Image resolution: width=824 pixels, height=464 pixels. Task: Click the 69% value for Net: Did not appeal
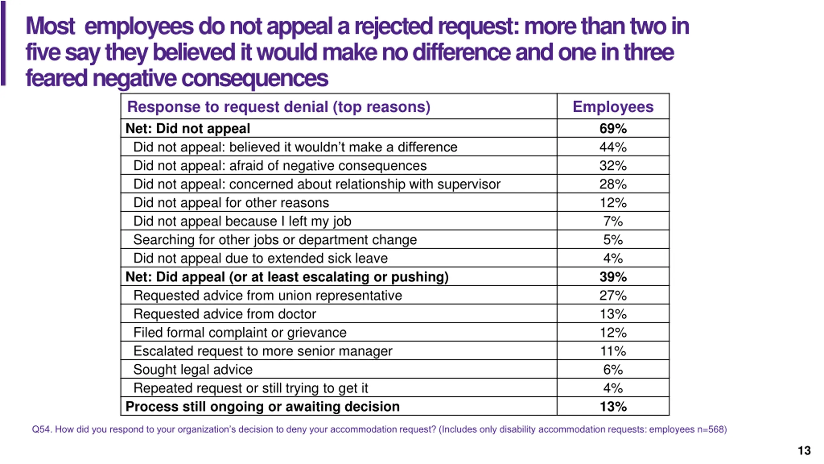point(613,129)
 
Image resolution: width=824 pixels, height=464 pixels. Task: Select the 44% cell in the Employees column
point(613,147)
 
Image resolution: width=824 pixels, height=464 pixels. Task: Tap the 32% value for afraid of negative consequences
point(613,166)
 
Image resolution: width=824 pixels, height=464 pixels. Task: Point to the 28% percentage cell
point(613,184)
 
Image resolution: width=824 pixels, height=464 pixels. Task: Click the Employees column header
point(613,107)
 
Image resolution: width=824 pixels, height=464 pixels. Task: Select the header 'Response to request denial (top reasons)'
point(279,107)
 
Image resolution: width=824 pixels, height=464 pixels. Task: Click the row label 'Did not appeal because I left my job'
point(242,221)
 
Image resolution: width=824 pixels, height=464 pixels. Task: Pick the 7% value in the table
point(613,221)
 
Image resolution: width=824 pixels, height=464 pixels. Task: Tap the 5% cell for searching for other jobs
point(613,240)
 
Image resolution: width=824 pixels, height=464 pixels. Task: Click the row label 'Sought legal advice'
point(193,370)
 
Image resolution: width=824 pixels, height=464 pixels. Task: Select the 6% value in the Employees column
point(613,370)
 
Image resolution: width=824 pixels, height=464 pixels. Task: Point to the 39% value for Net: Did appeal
point(613,277)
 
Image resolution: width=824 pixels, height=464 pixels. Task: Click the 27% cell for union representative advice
point(613,295)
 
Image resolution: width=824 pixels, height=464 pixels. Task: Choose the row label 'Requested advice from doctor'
point(225,314)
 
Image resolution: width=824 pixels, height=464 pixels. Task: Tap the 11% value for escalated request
point(613,351)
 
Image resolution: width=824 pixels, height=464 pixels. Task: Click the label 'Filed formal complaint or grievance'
point(240,333)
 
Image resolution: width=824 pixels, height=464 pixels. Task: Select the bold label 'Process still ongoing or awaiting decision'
point(262,407)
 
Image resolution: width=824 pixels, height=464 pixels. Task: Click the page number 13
point(804,450)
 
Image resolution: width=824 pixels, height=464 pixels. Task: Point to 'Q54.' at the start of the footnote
point(42,430)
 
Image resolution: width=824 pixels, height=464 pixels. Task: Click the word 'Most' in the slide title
point(50,26)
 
